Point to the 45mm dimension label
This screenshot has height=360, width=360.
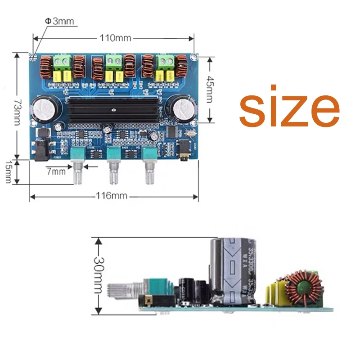pyautogui.click(x=210, y=89)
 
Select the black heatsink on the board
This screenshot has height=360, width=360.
pyautogui.click(x=114, y=109)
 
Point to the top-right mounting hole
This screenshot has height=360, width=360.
pyautogui.click(x=194, y=56)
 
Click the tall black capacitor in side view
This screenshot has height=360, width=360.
pyautogui.click(x=229, y=272)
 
